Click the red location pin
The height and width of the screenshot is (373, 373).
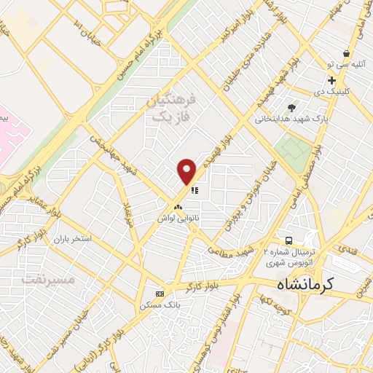pos(187,171)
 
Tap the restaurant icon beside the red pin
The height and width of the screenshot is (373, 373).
pos(195,191)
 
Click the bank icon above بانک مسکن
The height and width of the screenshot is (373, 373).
pos(160,293)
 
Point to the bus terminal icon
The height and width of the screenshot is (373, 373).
pos(289,240)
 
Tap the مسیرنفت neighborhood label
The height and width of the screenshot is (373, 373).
pos(38,279)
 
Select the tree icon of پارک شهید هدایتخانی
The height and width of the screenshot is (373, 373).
pos(292,108)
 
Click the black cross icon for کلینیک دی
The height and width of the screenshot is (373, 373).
pos(331,80)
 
